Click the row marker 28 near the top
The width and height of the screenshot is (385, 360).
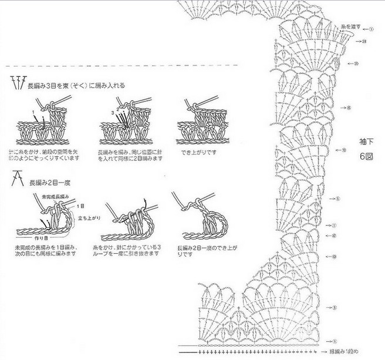(364, 41)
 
